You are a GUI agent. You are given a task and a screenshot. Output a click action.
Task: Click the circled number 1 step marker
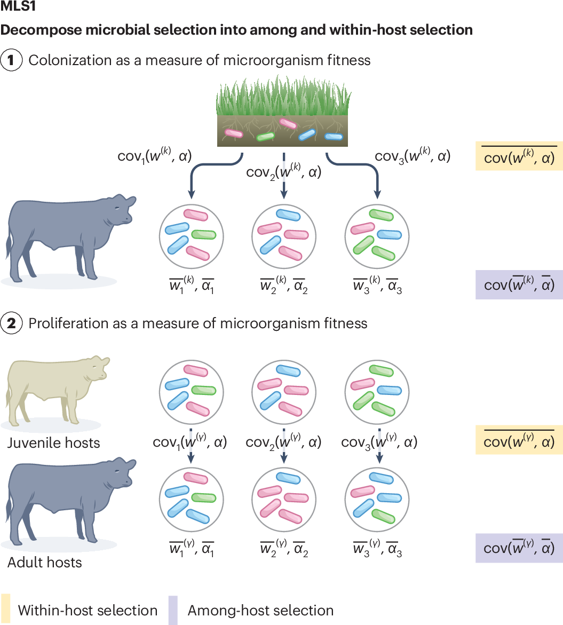click(x=11, y=60)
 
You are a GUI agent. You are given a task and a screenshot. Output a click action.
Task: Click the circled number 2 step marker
click(x=11, y=323)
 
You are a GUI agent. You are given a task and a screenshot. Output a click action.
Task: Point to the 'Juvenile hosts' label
click(x=53, y=442)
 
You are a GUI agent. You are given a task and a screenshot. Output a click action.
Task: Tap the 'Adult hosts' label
click(x=45, y=562)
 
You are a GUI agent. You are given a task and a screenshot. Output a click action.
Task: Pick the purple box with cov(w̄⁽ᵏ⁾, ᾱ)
click(x=519, y=284)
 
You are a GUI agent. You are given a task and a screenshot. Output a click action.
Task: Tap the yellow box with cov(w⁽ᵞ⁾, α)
click(x=519, y=441)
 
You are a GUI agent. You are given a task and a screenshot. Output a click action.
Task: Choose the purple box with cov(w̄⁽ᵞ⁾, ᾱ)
click(x=519, y=548)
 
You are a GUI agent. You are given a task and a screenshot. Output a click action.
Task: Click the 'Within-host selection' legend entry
click(x=88, y=610)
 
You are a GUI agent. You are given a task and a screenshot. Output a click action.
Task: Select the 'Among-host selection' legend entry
click(x=260, y=610)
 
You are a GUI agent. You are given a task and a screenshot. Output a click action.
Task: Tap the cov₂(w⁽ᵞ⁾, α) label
click(x=283, y=442)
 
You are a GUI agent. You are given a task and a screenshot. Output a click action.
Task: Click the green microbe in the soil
click(x=265, y=137)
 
